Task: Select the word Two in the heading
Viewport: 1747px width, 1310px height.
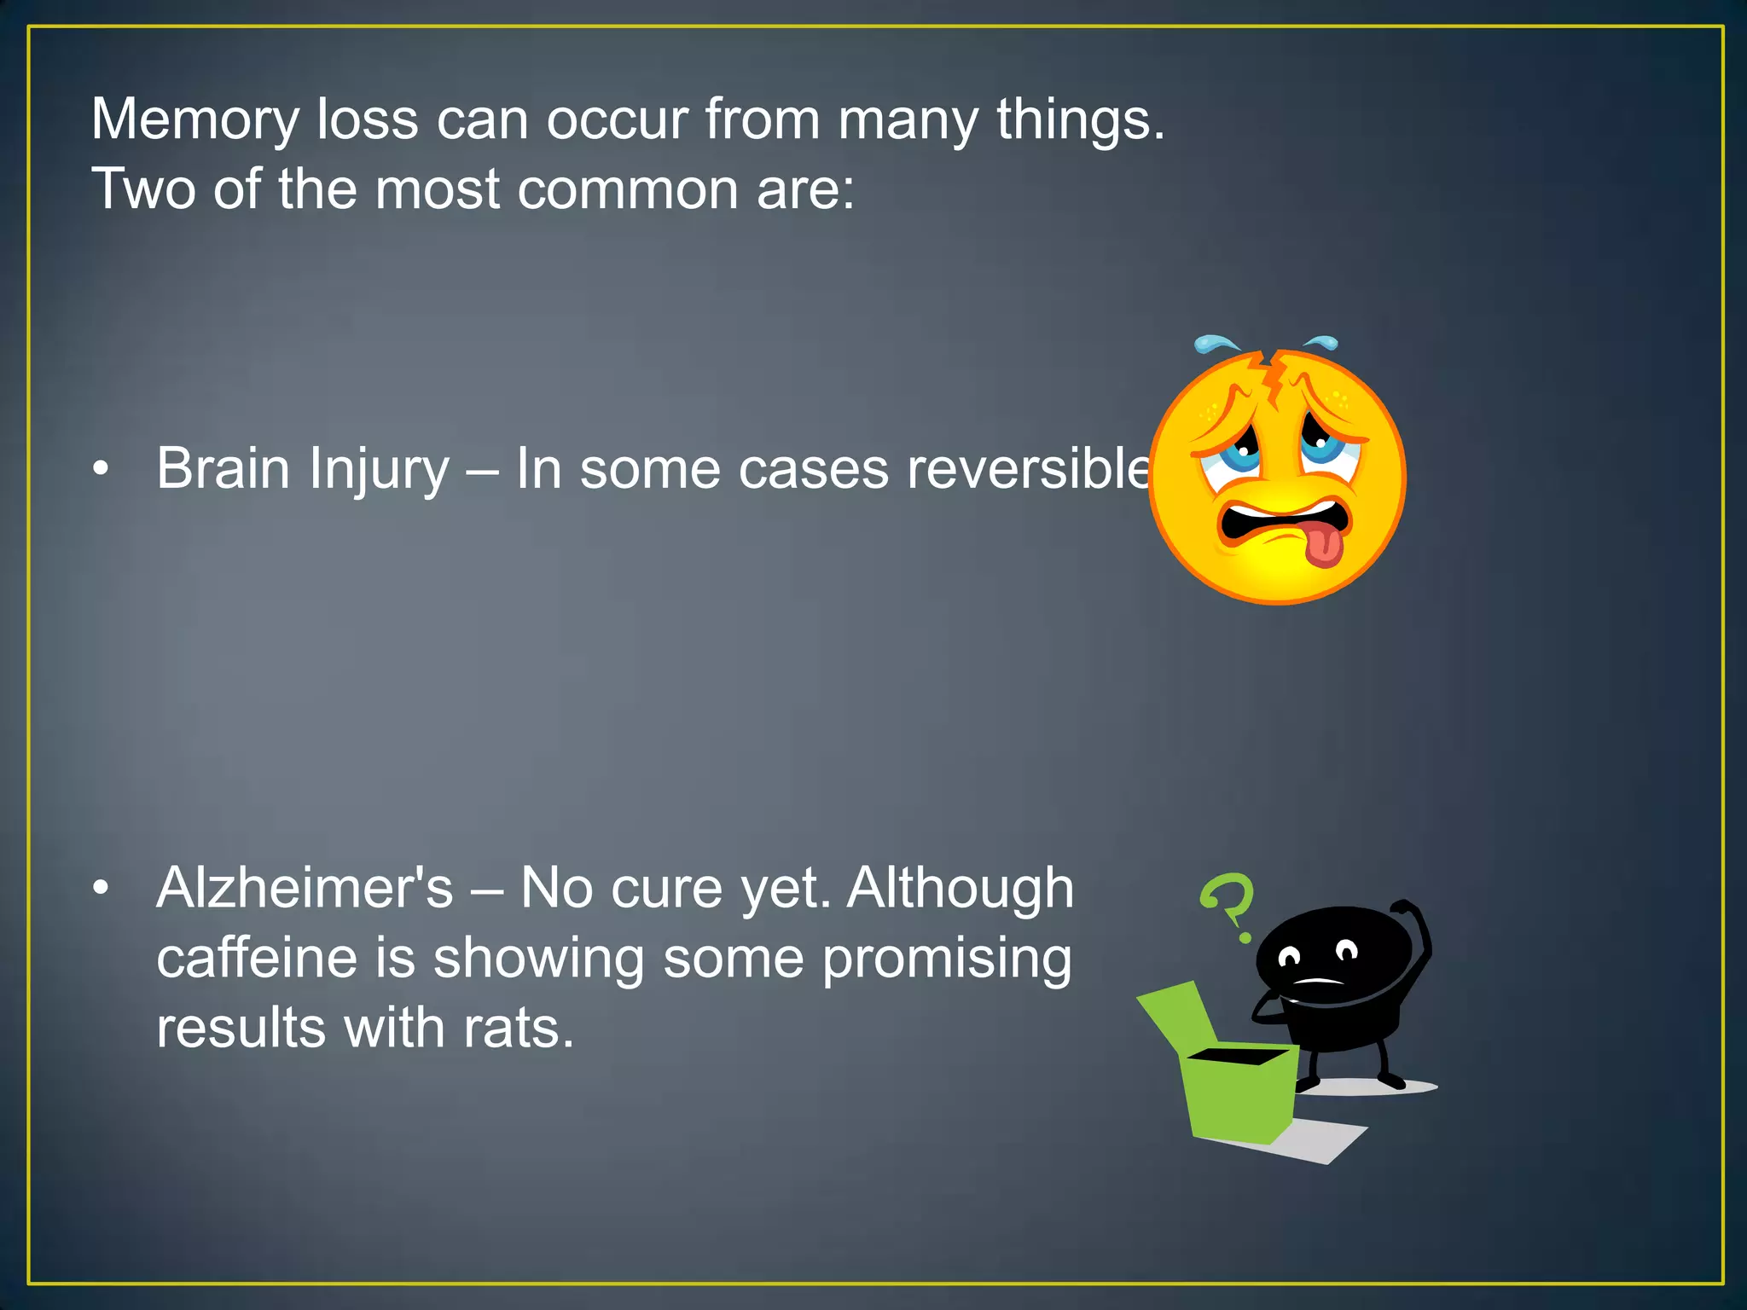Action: tap(143, 189)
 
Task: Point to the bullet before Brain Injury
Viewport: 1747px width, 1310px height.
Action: tap(102, 469)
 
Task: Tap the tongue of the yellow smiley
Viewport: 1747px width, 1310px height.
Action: tap(1323, 547)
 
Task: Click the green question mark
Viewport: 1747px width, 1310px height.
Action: tap(1229, 904)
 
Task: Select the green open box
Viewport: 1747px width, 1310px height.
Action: tap(1237, 1096)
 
